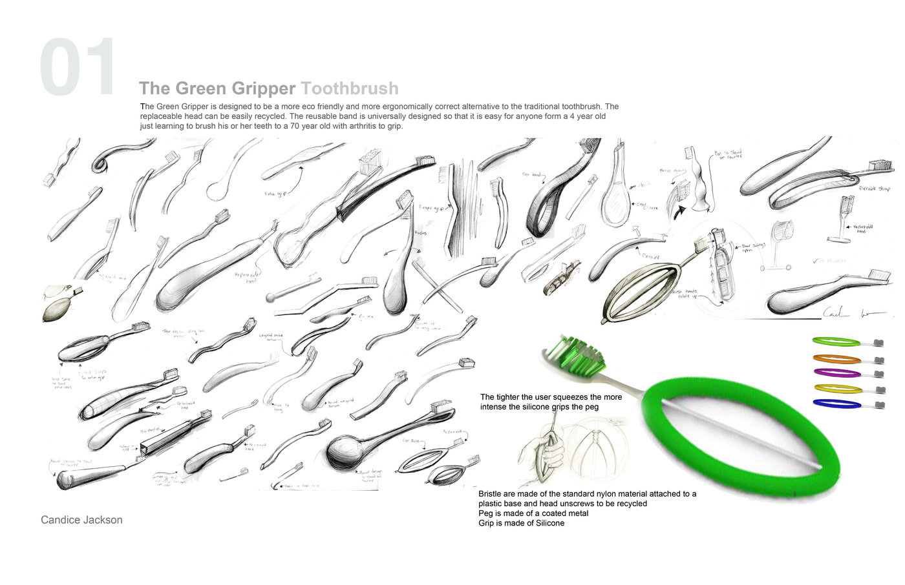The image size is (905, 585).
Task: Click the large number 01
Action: coord(78,67)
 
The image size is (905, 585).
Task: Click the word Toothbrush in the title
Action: coord(350,88)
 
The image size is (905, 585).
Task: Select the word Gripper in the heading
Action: coord(265,88)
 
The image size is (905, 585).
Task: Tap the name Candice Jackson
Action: coord(81,520)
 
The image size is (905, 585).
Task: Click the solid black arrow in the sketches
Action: coord(679,212)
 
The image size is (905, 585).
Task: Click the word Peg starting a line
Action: coord(486,513)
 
